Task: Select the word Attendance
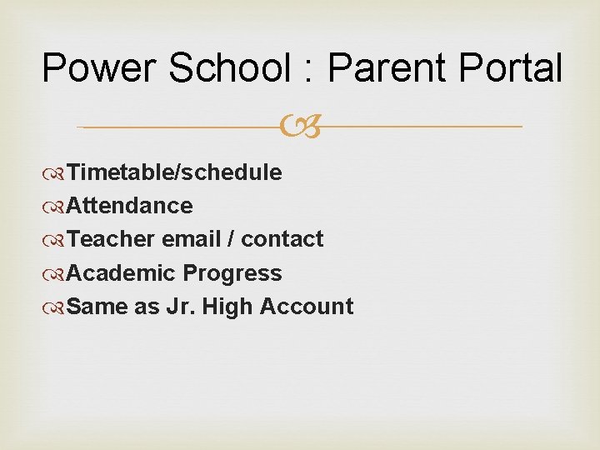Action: [x=129, y=206]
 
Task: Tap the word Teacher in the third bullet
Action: [x=111, y=239]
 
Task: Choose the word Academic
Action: [x=121, y=273]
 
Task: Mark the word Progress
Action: [x=232, y=273]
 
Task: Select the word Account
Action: [x=307, y=307]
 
